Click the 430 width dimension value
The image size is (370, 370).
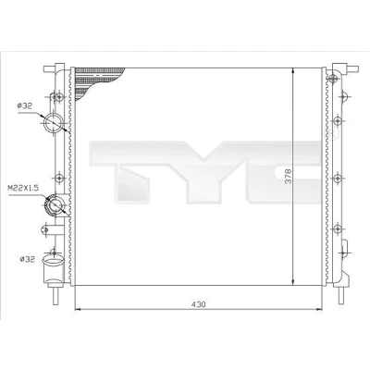[198, 304]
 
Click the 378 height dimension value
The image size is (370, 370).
[288, 176]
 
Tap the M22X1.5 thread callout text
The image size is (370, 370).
[23, 188]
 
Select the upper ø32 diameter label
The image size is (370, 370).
[25, 106]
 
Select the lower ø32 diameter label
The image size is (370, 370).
[28, 259]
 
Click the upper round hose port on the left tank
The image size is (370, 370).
[54, 123]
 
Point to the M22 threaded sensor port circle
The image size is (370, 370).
[55, 205]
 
